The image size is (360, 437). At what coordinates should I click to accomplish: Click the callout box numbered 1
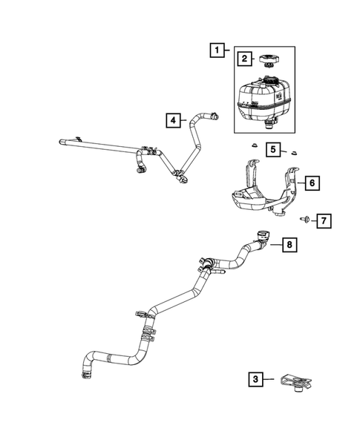tap(217, 50)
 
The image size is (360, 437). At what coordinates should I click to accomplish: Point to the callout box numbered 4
tap(172, 119)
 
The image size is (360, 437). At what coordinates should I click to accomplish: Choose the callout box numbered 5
tap(273, 151)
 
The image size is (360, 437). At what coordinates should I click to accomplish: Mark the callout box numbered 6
tap(312, 182)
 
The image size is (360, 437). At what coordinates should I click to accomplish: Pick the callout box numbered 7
tap(324, 220)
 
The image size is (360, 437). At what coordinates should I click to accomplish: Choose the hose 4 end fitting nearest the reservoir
tap(214, 115)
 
